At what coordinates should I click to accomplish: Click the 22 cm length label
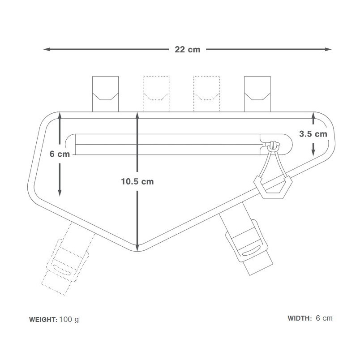coord(187,49)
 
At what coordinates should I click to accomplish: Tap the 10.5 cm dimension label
coord(137,182)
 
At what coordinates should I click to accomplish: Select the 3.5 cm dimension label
coord(313,134)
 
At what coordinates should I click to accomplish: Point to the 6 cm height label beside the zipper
coord(60,154)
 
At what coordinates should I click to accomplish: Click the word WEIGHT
coord(43,319)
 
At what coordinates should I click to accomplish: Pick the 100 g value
coord(69,320)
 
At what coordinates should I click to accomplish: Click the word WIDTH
coord(300,318)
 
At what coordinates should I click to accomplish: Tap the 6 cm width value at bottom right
coord(324,318)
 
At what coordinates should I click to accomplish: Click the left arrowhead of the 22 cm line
coord(47,49)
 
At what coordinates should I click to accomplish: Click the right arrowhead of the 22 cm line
coord(328,49)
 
